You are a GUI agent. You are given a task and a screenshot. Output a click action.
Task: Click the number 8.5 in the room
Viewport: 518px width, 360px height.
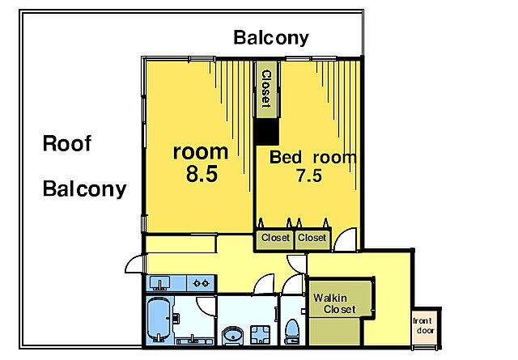pyautogui.click(x=202, y=174)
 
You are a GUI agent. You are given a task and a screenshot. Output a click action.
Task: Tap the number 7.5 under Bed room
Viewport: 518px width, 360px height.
pyautogui.click(x=309, y=176)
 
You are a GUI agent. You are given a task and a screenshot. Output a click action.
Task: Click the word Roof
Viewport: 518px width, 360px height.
pyautogui.click(x=66, y=143)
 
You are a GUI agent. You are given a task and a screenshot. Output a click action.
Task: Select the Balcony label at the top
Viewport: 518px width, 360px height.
pyautogui.click(x=271, y=38)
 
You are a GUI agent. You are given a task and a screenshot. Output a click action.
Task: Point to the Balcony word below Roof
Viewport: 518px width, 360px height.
pyautogui.click(x=84, y=188)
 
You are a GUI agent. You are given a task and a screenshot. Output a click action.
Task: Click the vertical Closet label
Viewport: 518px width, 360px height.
pyautogui.click(x=266, y=89)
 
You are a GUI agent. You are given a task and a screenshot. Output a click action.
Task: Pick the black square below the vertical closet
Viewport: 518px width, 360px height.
pyautogui.click(x=266, y=131)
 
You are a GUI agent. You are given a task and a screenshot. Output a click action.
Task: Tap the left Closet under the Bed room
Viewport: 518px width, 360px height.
pyautogui.click(x=275, y=238)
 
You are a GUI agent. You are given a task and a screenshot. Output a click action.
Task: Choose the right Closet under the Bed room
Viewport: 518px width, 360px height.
pyautogui.click(x=312, y=238)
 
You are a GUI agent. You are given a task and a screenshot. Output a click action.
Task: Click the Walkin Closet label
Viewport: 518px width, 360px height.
pyautogui.click(x=334, y=303)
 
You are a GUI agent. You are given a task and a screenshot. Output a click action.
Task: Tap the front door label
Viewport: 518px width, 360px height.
pyautogui.click(x=425, y=325)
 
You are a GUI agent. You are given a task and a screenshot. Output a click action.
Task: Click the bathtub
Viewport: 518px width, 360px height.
pyautogui.click(x=159, y=319)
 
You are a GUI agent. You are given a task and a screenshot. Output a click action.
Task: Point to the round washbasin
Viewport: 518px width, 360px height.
pyautogui.click(x=232, y=336)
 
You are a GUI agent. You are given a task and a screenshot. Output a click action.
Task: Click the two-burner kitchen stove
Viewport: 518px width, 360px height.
pyautogui.click(x=202, y=283)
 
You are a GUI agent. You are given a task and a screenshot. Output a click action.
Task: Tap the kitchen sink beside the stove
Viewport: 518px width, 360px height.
pyautogui.click(x=160, y=283)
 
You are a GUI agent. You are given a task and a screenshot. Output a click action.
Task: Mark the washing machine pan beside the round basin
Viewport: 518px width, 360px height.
pyautogui.click(x=261, y=335)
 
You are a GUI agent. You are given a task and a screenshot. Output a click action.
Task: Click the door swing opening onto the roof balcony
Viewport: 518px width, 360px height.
pyautogui.click(x=134, y=265)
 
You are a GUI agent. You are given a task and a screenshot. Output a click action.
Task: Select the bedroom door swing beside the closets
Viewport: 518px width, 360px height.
pyautogui.click(x=346, y=239)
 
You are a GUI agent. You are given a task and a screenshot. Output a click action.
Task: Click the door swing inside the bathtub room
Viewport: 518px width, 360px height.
pyautogui.click(x=206, y=307)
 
